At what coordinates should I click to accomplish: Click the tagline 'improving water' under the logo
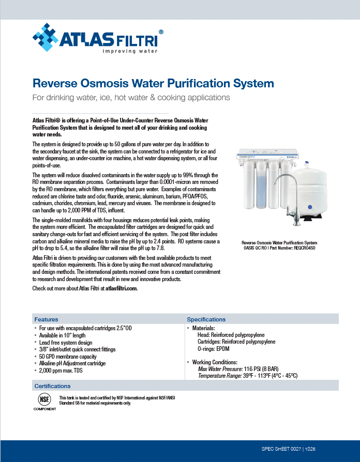click(129, 51)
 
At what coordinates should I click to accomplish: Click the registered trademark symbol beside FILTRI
click(161, 32)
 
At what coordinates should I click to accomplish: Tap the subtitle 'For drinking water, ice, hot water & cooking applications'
click(131, 97)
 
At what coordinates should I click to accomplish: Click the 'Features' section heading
click(46, 319)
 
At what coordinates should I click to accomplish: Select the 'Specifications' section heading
click(206, 319)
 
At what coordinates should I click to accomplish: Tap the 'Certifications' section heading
click(52, 386)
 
